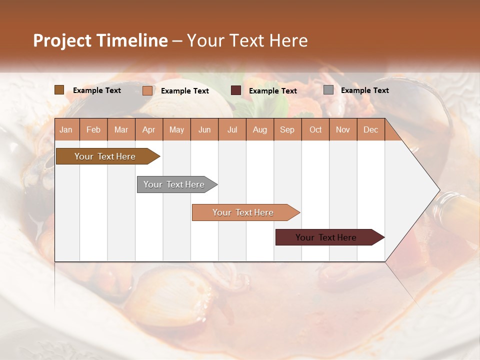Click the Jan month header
[x=66, y=129]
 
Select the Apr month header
[x=148, y=129]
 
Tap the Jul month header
[x=232, y=129]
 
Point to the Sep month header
[x=287, y=129]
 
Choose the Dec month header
[x=370, y=129]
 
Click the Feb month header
[x=93, y=129]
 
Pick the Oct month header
[x=315, y=129]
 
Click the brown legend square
[x=59, y=90]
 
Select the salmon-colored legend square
[x=147, y=90]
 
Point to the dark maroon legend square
[x=236, y=90]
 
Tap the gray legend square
[x=328, y=90]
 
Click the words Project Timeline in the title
[x=100, y=40]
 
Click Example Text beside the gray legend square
[x=364, y=90]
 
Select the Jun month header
[x=204, y=129]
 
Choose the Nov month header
[x=342, y=129]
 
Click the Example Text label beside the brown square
[x=97, y=90]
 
